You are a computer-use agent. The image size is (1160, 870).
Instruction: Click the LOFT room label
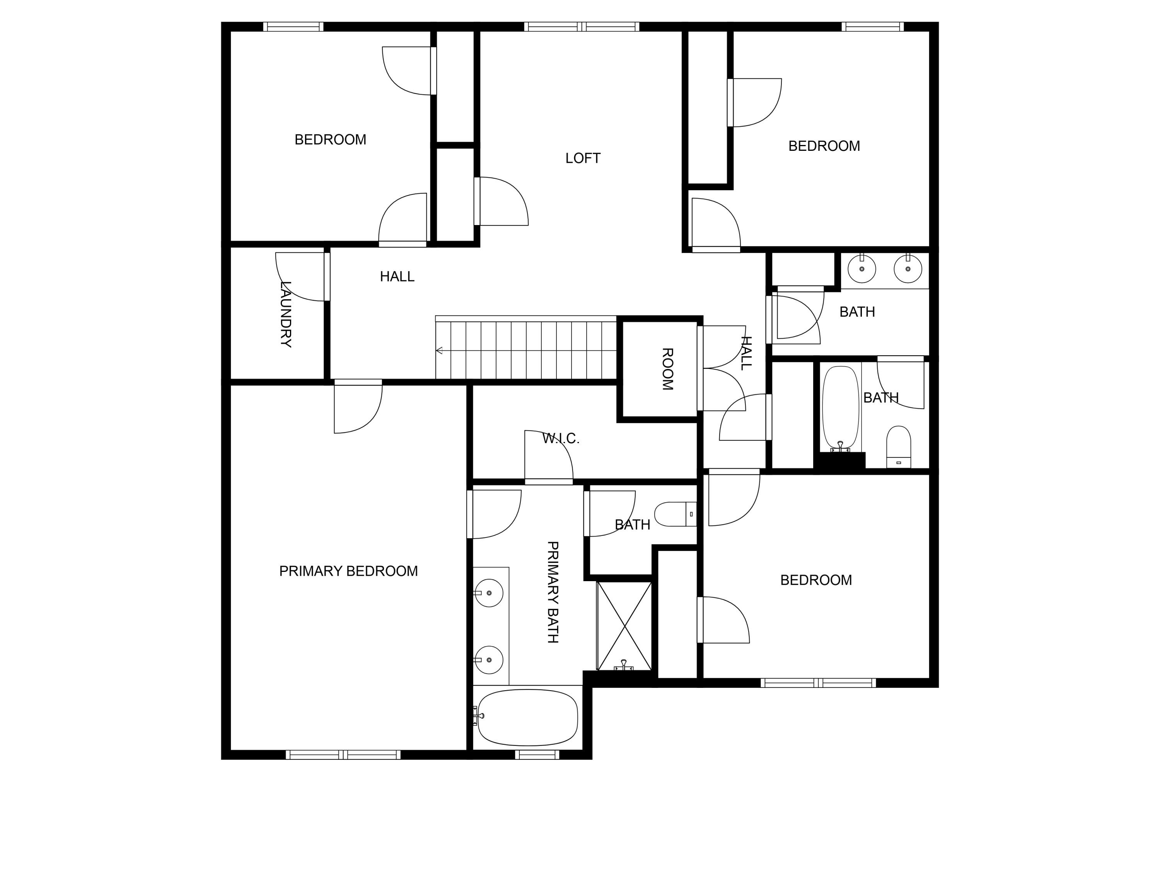pyautogui.click(x=583, y=158)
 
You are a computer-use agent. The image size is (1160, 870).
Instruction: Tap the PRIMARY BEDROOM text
pyautogui.click(x=348, y=571)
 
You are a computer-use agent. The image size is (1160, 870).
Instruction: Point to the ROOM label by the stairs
pyautogui.click(x=667, y=369)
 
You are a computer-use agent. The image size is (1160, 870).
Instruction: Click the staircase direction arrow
pyautogui.click(x=440, y=350)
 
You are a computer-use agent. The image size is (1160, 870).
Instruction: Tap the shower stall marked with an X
pyautogui.click(x=624, y=626)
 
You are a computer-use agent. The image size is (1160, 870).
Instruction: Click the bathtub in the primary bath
pyautogui.click(x=527, y=717)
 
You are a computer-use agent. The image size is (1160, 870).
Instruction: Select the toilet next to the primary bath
pyautogui.click(x=676, y=514)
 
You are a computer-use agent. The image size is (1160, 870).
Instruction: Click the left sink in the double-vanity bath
pyautogui.click(x=861, y=268)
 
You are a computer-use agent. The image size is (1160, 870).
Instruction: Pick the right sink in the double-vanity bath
pyautogui.click(x=908, y=268)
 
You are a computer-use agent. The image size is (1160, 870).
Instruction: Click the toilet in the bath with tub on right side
pyautogui.click(x=898, y=447)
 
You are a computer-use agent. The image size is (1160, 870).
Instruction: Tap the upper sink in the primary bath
pyautogui.click(x=488, y=593)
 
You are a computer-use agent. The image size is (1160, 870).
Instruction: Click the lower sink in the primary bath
pyautogui.click(x=488, y=660)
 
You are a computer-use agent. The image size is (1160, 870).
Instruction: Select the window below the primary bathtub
pyautogui.click(x=537, y=755)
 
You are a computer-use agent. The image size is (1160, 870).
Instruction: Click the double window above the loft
pyautogui.click(x=582, y=27)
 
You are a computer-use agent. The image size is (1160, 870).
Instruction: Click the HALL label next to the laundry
pyautogui.click(x=397, y=276)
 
